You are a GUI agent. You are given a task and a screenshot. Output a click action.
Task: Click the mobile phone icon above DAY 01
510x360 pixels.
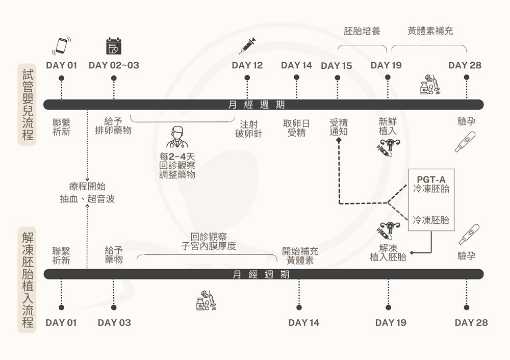coord(62,45)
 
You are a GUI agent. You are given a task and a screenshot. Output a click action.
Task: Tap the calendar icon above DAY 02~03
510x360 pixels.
coord(114,46)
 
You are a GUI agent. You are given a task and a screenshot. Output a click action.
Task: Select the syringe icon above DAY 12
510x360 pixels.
coord(247,46)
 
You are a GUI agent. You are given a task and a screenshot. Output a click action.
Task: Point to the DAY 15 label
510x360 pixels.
coord(337,66)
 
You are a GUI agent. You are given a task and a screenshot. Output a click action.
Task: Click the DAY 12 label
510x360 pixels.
coord(247,65)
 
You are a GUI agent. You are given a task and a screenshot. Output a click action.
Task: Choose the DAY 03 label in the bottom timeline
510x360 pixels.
coord(114,322)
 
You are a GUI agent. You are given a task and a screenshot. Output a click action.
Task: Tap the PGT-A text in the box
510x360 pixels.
coord(431,179)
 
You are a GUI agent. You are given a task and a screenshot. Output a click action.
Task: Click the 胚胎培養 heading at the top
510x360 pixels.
coord(362,31)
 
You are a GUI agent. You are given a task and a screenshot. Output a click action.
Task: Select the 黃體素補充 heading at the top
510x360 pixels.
coord(430,31)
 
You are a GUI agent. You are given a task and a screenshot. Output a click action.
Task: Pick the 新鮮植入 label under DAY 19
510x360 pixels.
coord(388,126)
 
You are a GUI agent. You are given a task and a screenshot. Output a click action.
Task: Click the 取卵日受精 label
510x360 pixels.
coord(296,128)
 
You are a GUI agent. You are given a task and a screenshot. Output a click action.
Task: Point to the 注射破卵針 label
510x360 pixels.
coord(248,129)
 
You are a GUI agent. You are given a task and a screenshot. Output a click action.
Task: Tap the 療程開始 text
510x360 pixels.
coord(87,187)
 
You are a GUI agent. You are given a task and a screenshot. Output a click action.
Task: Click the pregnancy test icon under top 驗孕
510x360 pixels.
coord(465,142)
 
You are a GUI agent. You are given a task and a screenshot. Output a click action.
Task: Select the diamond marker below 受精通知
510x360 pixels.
coord(339,139)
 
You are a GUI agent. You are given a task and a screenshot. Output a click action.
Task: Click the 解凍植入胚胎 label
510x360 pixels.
coord(388,252)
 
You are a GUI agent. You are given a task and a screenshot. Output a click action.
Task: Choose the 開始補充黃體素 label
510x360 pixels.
coord(300,256)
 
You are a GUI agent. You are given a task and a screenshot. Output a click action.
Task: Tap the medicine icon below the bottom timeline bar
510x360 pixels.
coord(207,300)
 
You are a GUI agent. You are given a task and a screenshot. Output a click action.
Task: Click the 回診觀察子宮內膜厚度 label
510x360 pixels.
coord(209,242)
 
